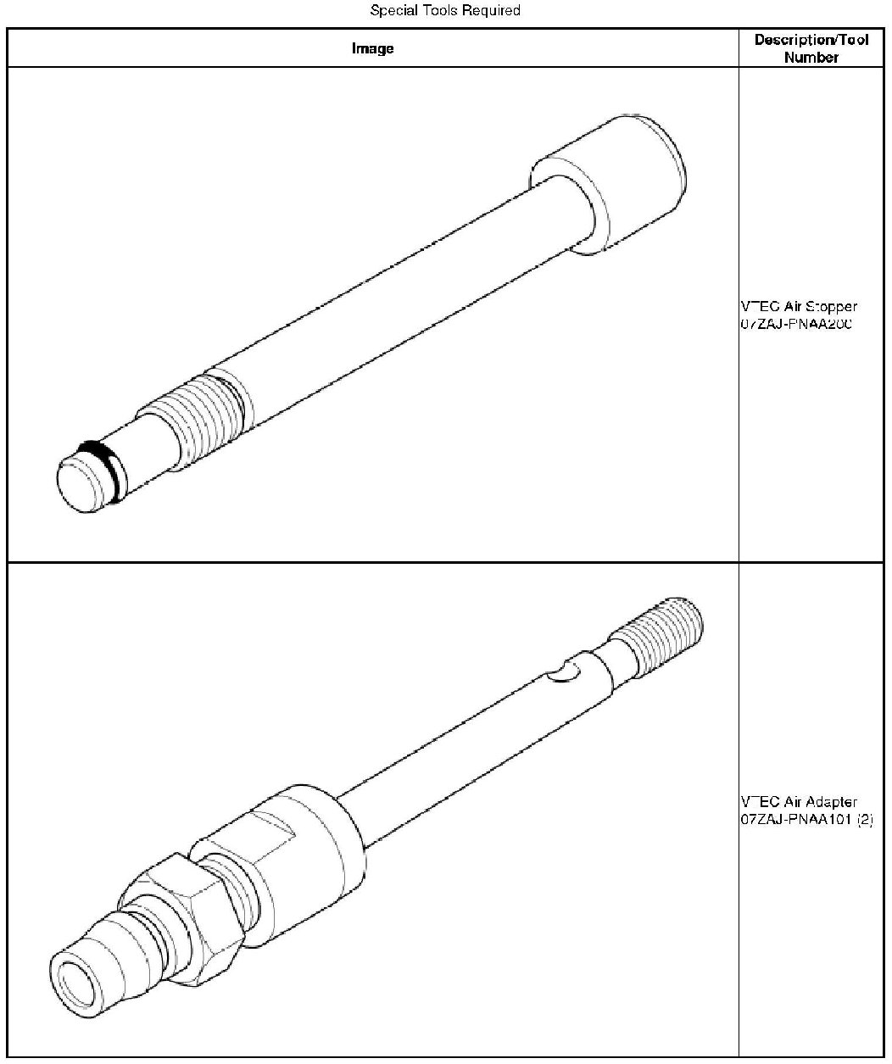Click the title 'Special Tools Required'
tap(445, 11)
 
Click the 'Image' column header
tap(373, 48)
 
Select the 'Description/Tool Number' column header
tap(811, 48)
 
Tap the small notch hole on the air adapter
tap(562, 672)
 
